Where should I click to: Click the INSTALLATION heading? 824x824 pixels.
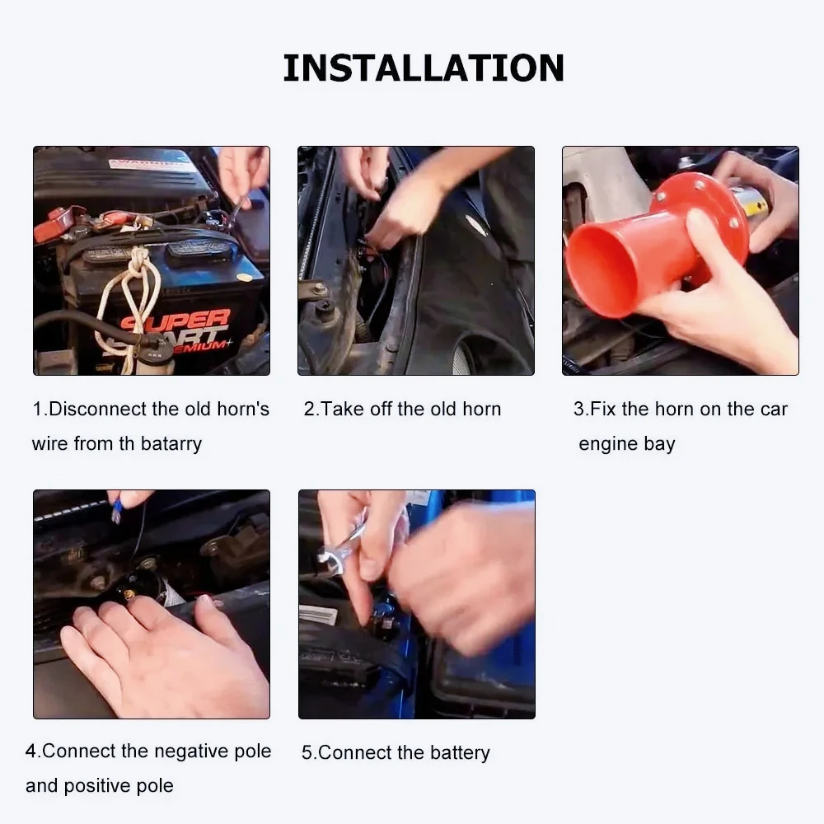(424, 68)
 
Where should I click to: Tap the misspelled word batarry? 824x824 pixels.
(171, 444)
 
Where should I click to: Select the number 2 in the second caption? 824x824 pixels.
(309, 409)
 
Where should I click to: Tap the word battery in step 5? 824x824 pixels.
(460, 752)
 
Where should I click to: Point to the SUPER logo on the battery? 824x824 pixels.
(176, 320)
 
